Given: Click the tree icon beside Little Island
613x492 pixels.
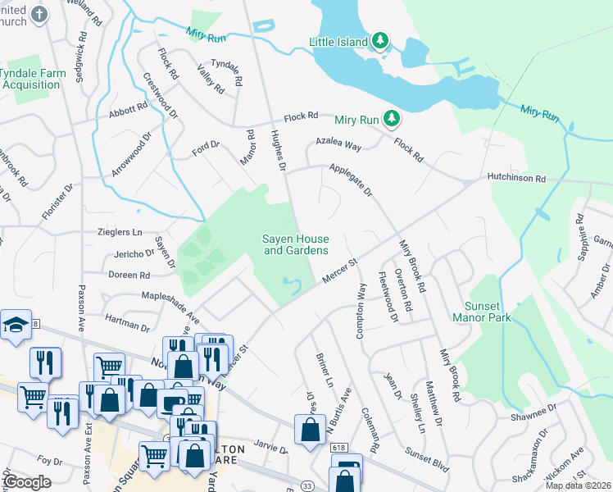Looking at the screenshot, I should click(x=379, y=40).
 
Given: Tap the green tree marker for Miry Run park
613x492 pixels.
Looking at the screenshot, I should click(x=392, y=120).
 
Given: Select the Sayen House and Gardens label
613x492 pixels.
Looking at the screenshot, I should click(x=295, y=244).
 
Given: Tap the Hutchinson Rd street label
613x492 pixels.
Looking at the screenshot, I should click(x=515, y=178).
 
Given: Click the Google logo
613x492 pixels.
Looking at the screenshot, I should click(x=27, y=482).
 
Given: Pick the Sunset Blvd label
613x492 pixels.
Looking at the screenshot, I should click(x=425, y=460).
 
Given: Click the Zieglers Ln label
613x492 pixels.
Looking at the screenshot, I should click(x=120, y=233).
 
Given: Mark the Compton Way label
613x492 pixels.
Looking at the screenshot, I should click(x=361, y=311).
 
